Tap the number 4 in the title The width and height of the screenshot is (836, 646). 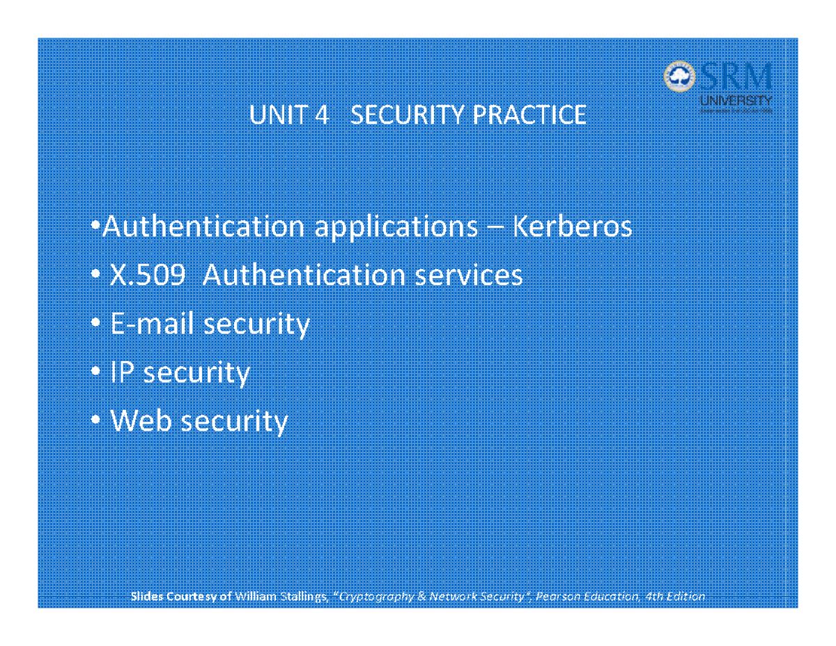coord(321,116)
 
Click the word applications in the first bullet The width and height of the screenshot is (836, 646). coord(396,228)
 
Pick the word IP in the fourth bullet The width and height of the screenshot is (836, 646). coord(122,373)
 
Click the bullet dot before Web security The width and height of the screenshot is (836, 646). coord(95,422)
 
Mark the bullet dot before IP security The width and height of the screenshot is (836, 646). coord(95,374)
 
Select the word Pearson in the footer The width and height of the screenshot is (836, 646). coord(557,597)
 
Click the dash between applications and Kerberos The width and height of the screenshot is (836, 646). coord(494,229)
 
